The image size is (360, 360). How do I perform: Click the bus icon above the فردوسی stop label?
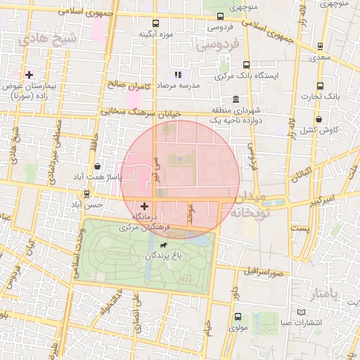pyautogui.click(x=220, y=17)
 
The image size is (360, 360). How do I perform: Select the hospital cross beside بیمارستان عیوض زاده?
pyautogui.click(x=29, y=74)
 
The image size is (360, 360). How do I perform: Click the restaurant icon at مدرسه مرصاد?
pyautogui.click(x=178, y=74)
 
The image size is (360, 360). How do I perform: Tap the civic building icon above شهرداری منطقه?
pyautogui.click(x=235, y=99)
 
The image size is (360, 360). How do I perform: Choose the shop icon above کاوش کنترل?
pyautogui.click(x=319, y=119)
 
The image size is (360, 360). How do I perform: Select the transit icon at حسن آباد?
pyautogui.click(x=86, y=193)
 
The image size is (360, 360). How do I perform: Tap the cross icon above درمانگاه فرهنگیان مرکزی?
pyautogui.click(x=144, y=207)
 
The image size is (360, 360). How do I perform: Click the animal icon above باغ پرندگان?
pyautogui.click(x=163, y=245)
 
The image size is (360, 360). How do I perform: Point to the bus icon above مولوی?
pyautogui.click(x=237, y=316)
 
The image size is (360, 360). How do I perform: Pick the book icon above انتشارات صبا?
pyautogui.click(x=301, y=311)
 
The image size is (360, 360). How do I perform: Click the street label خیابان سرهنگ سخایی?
pyautogui.click(x=141, y=112)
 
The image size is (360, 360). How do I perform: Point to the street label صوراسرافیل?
pyautogui.click(x=263, y=271)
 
